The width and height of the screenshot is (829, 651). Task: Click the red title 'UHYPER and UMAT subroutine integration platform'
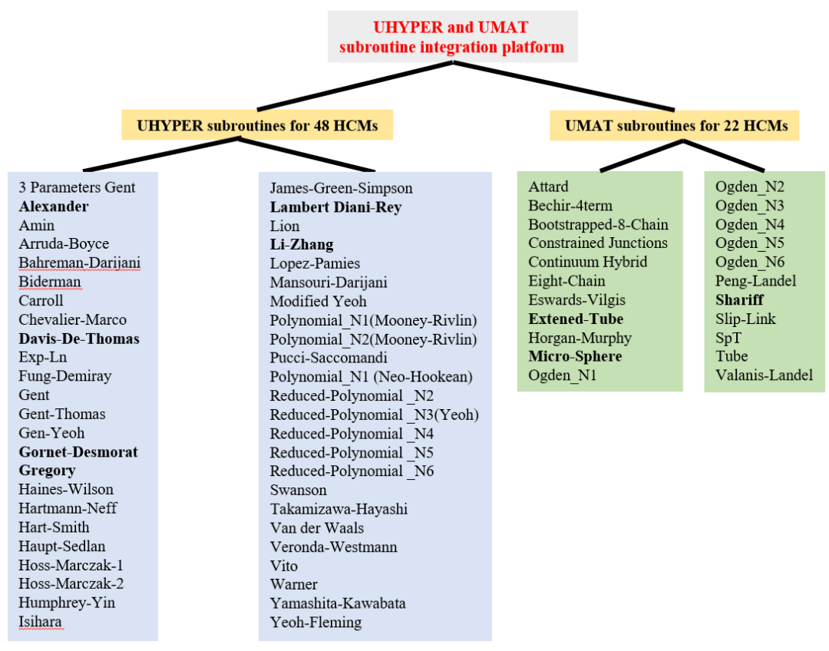tap(452, 37)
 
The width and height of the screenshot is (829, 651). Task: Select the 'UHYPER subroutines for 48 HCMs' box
tap(257, 125)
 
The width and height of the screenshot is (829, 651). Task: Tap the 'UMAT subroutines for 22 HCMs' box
tap(675, 126)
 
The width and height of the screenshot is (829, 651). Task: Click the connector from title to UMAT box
tap(563, 86)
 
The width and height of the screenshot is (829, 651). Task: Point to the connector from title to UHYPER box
tap(355, 86)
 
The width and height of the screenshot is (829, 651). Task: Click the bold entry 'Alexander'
tap(54, 207)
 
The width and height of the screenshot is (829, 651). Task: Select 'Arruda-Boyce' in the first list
tap(64, 244)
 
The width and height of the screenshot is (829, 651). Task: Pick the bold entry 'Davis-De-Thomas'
tap(79, 339)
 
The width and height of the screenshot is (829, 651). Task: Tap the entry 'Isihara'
tap(40, 622)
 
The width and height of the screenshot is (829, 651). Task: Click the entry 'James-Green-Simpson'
tap(341, 188)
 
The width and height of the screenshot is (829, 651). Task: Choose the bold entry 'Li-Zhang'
tap(302, 245)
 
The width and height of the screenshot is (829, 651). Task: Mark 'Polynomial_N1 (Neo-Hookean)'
tap(372, 377)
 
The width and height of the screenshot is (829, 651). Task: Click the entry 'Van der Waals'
tap(317, 528)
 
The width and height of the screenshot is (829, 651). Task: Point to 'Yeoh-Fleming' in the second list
tap(315, 623)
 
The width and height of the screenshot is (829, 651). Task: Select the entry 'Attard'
tap(548, 187)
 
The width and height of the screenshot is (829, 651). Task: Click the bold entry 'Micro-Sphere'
tap(575, 356)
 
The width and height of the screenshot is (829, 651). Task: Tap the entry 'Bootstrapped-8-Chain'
tap(599, 225)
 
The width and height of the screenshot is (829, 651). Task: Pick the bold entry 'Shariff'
tap(740, 300)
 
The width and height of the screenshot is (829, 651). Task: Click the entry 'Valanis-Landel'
tap(764, 375)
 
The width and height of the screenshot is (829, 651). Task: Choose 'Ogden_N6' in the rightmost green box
tap(750, 263)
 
